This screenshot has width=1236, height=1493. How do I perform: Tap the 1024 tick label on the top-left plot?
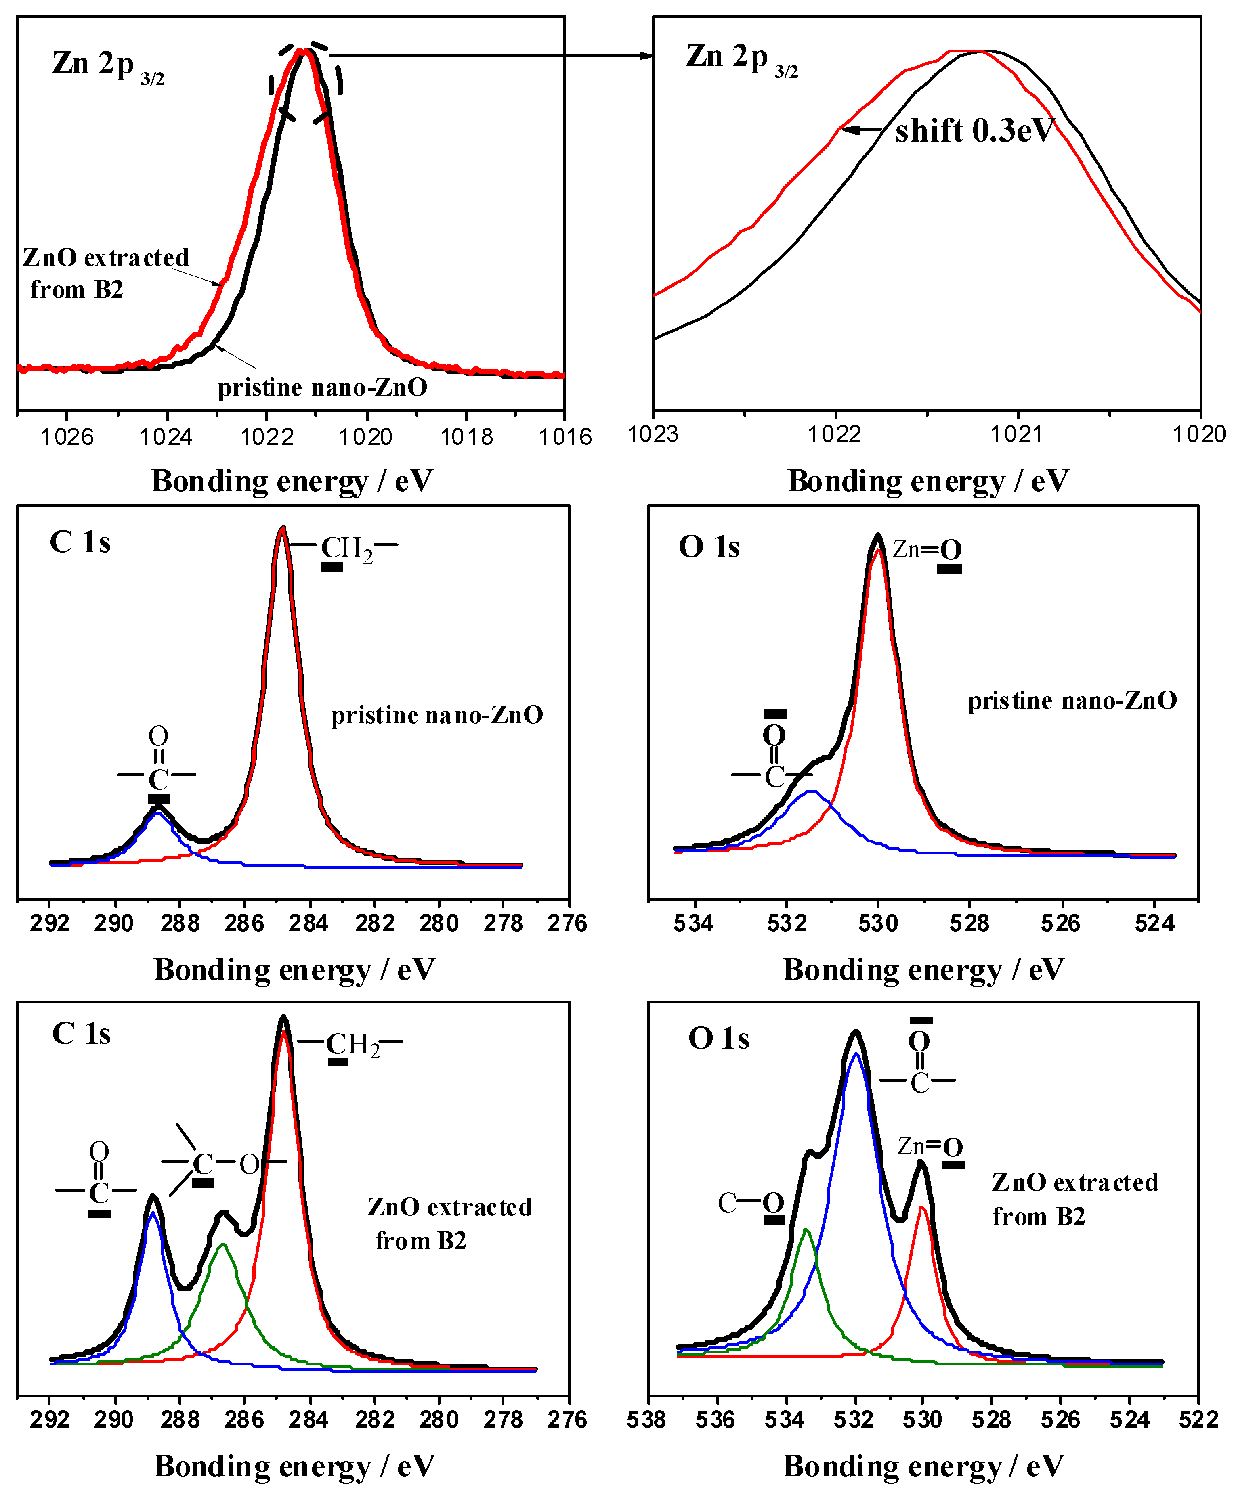pos(166,437)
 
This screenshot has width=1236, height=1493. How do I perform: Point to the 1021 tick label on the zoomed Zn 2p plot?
pos(1017,433)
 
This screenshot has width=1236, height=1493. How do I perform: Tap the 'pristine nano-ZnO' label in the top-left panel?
pos(322,387)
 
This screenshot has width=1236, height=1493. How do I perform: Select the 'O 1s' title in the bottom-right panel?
pos(718,1039)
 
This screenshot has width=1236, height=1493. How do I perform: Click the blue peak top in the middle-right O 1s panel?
pos(811,791)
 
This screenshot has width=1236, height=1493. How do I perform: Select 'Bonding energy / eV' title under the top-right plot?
pos(928,481)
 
